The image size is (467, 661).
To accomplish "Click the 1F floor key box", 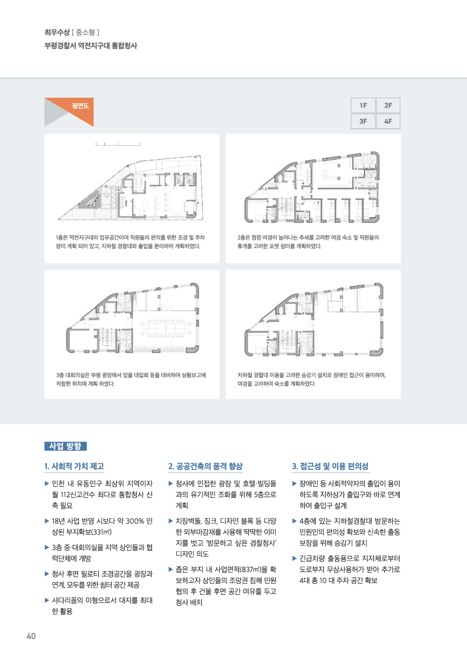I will coord(363,106).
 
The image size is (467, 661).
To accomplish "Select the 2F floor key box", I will coord(388,106).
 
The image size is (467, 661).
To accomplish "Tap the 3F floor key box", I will coord(363,122).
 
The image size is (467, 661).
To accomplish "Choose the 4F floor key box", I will coord(388,122).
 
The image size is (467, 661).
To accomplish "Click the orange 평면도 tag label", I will coord(80,106).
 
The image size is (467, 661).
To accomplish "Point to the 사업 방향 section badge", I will coord(65,446).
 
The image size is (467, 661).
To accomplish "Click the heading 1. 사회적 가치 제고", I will coord(74,466).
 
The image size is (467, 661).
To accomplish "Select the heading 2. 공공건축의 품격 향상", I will coord(205,466).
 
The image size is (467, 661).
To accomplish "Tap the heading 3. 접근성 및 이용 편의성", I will coord(330,466).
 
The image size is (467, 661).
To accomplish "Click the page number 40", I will coord(31,636).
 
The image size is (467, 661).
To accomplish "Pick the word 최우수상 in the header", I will coord(57,32).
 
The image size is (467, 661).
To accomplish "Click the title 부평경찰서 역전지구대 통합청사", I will coord(91,46).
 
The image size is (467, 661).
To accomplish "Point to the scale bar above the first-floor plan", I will coord(118,144).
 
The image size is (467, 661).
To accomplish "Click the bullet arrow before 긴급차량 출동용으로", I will coord(295,558).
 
